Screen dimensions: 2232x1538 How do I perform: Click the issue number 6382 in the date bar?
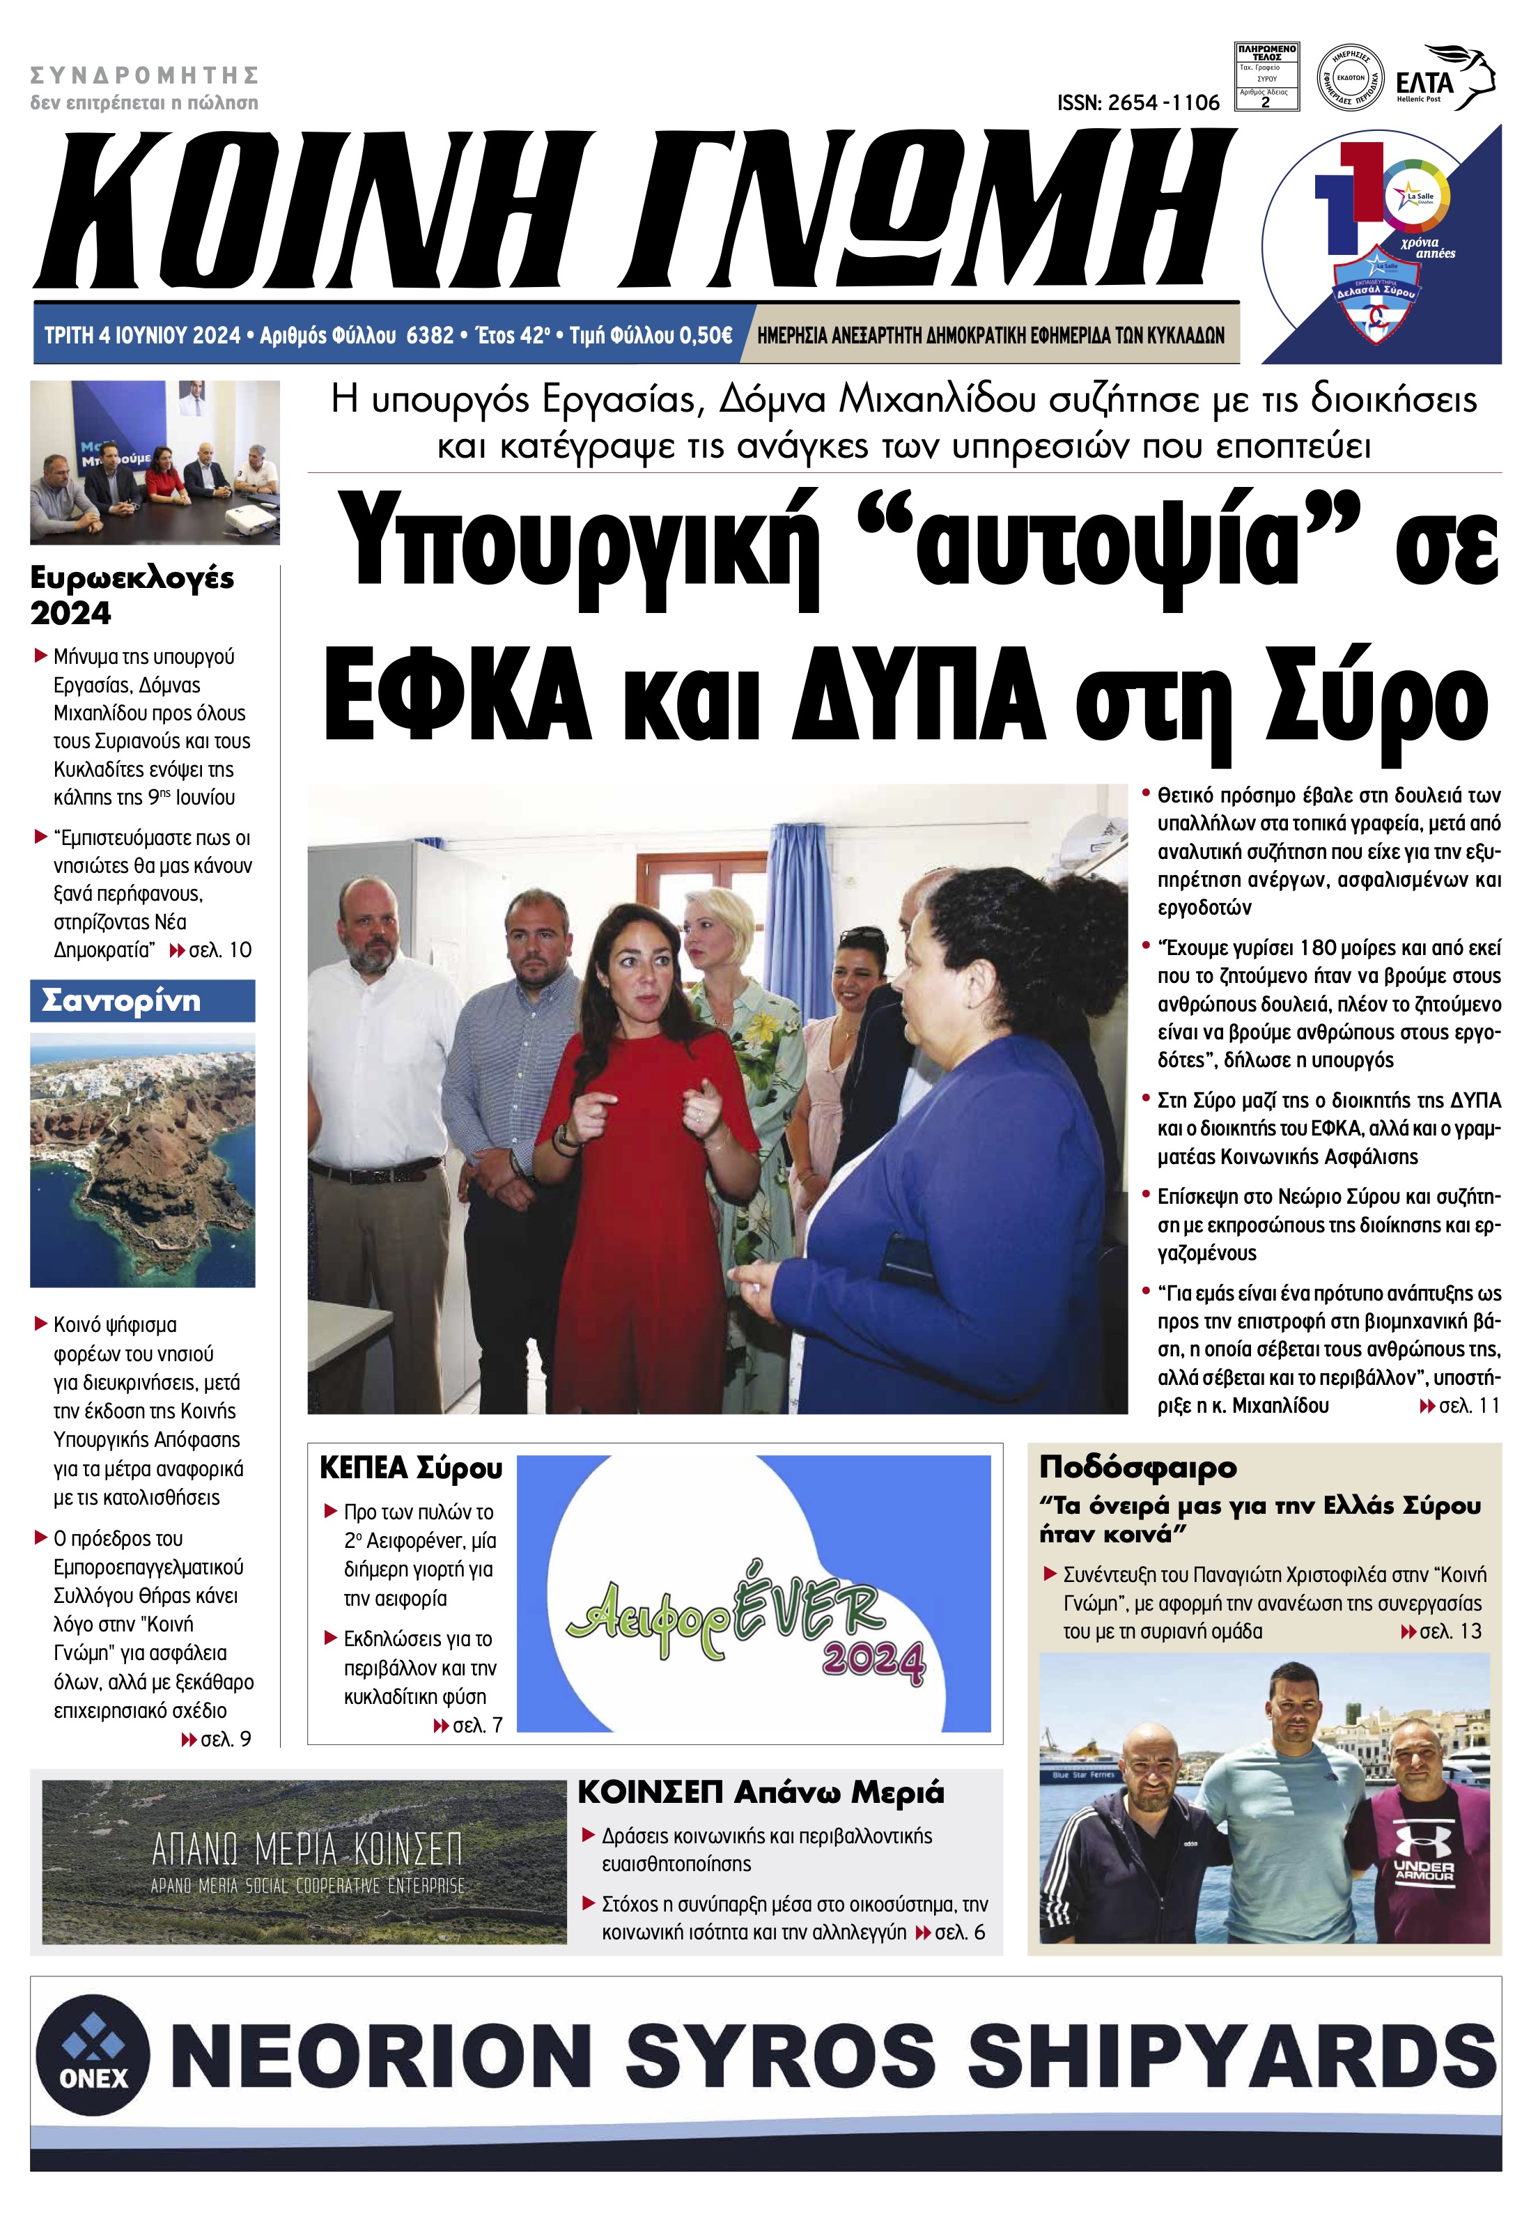(430, 335)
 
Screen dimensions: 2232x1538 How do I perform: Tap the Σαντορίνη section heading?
(121, 1001)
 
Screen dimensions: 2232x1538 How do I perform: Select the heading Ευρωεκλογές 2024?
(132, 595)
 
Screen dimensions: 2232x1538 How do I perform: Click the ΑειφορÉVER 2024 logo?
(745, 1629)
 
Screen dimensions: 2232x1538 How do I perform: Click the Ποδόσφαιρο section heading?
(1137, 1467)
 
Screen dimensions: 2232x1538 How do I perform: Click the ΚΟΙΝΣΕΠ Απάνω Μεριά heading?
(761, 1792)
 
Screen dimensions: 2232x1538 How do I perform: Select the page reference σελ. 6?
(960, 1932)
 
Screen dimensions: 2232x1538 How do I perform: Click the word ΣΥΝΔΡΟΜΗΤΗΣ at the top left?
(145, 75)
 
